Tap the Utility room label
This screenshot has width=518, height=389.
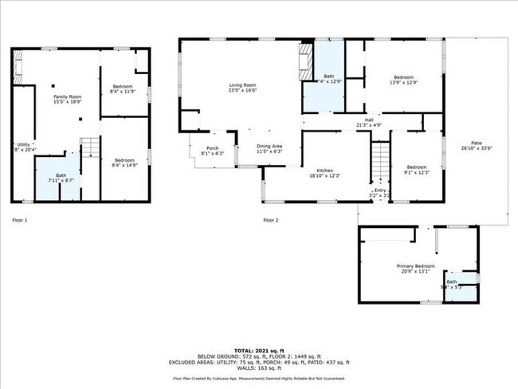pos(22,147)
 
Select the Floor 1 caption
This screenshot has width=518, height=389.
pos(19,219)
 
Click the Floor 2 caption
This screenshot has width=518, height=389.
pos(271,219)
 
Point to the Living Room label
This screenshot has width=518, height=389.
pos(242,88)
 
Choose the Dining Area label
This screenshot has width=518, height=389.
pos(269,148)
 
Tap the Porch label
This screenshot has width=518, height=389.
pos(213,150)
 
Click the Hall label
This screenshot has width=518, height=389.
pos(362,122)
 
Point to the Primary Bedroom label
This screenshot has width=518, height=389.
pos(415,268)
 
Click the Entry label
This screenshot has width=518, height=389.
pos(379,192)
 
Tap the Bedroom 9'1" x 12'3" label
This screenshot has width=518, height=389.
pos(418,170)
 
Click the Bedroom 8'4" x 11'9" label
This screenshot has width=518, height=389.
pos(122,88)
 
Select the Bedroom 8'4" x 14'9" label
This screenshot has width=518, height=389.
pos(122,162)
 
